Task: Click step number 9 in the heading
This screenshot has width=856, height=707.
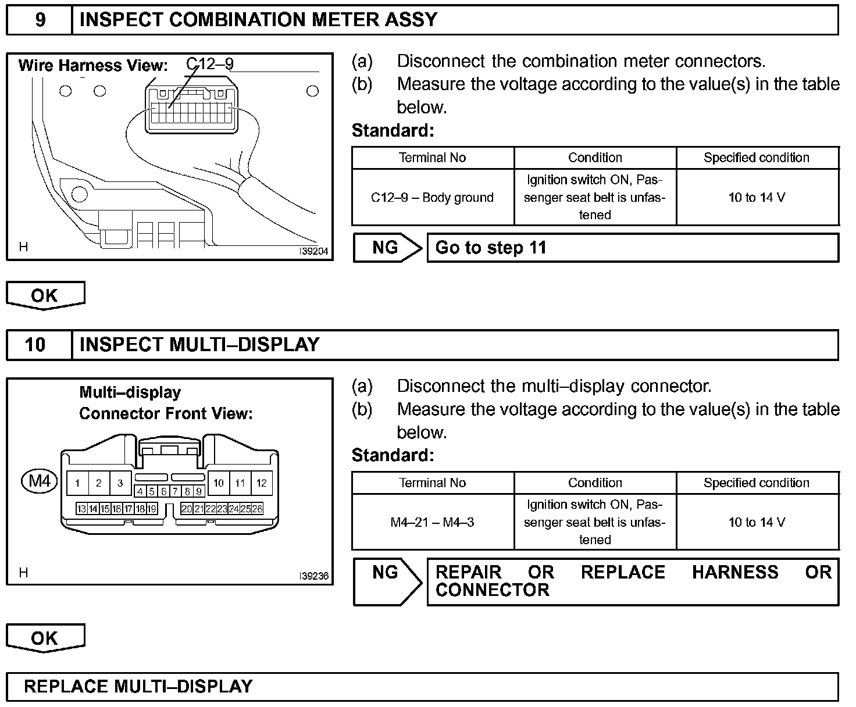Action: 40,20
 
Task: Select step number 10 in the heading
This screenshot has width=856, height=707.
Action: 35,345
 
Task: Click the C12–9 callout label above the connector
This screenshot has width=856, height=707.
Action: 210,63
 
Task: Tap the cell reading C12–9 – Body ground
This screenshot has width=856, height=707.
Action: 432,198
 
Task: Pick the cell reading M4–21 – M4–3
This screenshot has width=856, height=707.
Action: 432,523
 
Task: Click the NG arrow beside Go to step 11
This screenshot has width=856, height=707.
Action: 387,248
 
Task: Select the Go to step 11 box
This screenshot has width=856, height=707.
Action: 633,248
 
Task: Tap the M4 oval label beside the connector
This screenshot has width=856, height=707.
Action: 40,481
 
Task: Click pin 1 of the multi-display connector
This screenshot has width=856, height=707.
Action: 77,483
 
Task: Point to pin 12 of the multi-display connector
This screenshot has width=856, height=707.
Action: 261,483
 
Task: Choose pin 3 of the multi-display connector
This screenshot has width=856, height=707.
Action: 120,483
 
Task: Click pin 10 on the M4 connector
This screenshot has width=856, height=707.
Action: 219,483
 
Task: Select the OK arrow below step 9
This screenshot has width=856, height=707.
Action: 45,295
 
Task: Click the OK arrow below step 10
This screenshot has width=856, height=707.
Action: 45,638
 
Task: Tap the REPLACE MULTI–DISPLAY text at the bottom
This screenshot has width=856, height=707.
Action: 138,687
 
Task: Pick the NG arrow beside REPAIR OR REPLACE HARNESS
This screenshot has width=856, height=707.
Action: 387,581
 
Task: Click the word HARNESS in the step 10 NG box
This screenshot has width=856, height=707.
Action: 735,573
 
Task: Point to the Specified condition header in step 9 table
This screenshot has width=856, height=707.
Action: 757,158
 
